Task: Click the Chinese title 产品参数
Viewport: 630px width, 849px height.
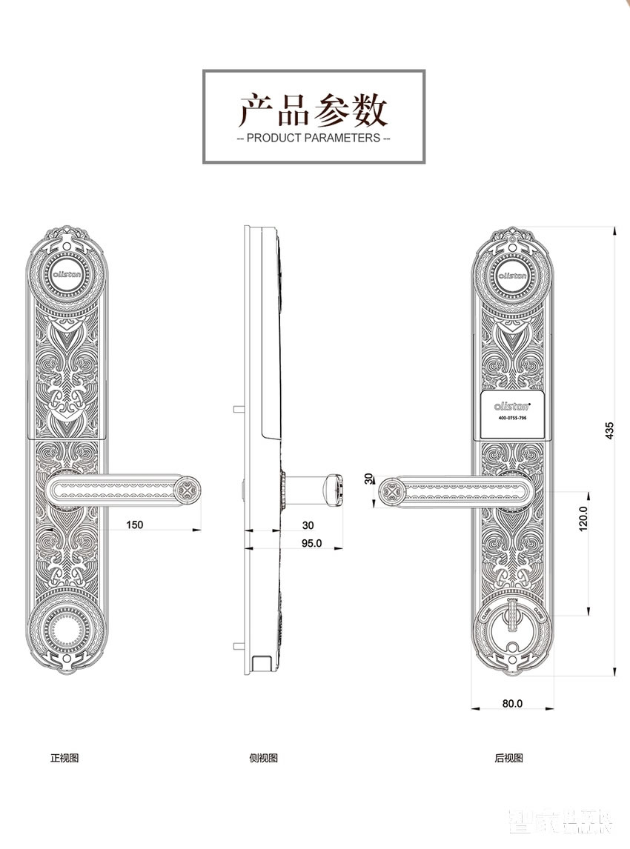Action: [x=314, y=111]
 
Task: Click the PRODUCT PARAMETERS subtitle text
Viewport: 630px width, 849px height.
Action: [x=314, y=139]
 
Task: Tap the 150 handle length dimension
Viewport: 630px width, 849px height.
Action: [x=134, y=525]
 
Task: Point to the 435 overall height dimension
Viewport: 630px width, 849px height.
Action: [x=609, y=430]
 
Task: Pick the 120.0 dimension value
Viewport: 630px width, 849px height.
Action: [x=583, y=519]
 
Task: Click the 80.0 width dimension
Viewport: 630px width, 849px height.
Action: [x=512, y=703]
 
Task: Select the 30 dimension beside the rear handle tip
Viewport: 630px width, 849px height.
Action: [x=368, y=479]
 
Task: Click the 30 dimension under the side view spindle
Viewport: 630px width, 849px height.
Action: [x=308, y=525]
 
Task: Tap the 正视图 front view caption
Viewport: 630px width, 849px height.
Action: [x=64, y=758]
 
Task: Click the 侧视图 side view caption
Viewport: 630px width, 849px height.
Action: [x=264, y=758]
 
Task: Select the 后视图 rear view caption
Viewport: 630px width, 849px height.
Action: [x=509, y=758]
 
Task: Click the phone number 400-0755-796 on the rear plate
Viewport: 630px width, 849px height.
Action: [x=513, y=419]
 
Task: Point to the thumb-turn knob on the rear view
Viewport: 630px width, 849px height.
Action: [x=513, y=619]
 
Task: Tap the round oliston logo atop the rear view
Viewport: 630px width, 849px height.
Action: [x=513, y=273]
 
